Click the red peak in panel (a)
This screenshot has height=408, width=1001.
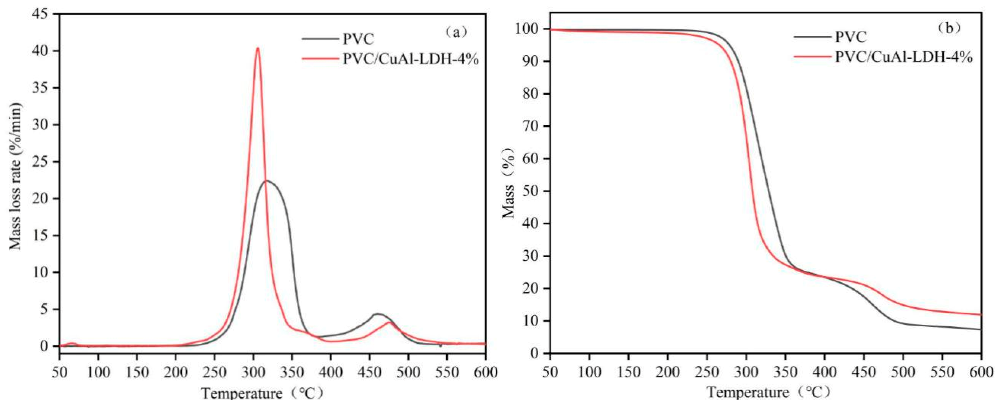coord(257,48)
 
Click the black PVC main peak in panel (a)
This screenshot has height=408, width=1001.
coord(267,180)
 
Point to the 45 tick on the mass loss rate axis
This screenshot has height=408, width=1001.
coord(47,14)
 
